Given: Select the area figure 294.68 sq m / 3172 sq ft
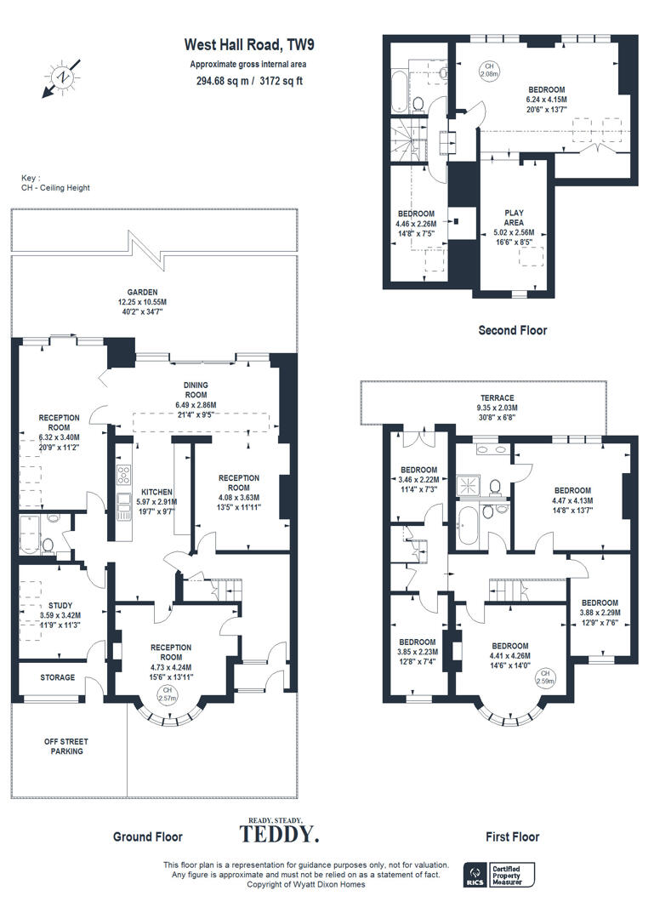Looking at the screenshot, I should point(249,82).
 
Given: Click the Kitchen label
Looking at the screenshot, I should point(157,492).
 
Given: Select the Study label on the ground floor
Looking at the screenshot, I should point(60,583).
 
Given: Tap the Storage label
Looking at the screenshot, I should point(58,678).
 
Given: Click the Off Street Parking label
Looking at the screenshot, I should point(66,746).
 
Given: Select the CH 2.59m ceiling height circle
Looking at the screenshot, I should point(545,677).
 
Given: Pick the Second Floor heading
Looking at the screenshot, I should point(513,330).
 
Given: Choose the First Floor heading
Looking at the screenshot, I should point(512,836).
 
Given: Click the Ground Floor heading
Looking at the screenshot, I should point(148,836).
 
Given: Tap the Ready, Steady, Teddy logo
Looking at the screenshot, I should point(278,830).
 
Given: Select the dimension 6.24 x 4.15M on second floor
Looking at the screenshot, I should point(546,99).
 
